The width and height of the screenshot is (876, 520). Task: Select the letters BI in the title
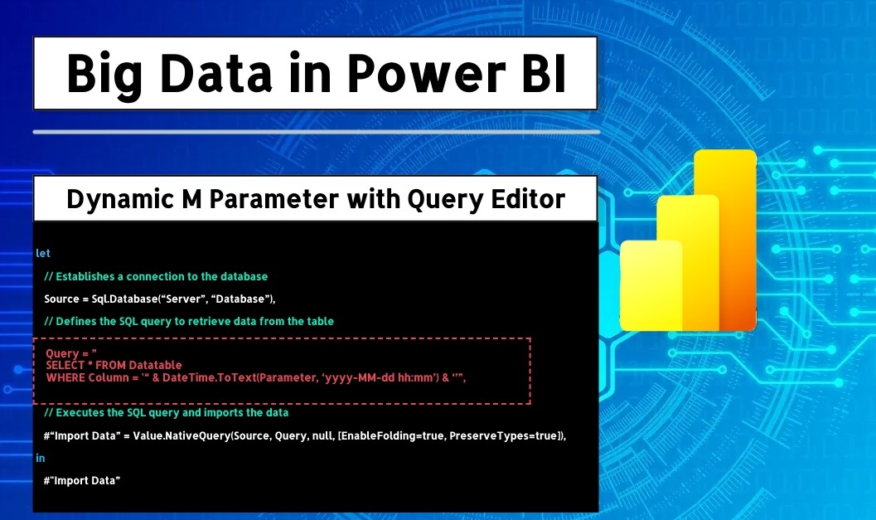(x=544, y=73)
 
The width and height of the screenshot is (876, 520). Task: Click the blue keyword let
(x=43, y=253)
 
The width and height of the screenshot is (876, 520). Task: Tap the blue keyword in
(x=41, y=458)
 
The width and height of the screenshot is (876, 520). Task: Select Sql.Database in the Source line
(x=124, y=299)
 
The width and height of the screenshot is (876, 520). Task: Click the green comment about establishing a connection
(x=156, y=276)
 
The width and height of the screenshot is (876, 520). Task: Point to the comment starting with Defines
(x=189, y=321)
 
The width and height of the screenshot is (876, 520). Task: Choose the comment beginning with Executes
(x=167, y=413)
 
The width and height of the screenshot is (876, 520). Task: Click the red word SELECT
(x=65, y=365)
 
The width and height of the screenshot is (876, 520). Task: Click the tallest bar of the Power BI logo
(x=725, y=240)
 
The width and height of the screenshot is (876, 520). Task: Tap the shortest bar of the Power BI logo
(x=651, y=285)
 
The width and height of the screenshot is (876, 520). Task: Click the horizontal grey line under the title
(x=317, y=132)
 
